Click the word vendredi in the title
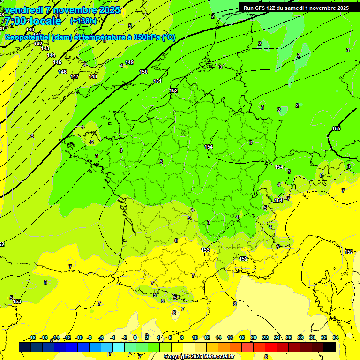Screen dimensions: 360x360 coord(24,10)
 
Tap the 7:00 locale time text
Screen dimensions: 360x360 coord(33,21)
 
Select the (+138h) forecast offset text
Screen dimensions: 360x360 coord(83,21)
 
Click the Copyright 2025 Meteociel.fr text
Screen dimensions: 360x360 coord(199,356)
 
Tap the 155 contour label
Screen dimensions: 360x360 coord(336,128)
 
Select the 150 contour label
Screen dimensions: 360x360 coord(143,72)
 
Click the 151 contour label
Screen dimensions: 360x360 coord(158,82)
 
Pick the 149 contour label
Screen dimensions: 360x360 coord(129,62)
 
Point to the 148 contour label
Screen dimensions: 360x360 coord(93,76)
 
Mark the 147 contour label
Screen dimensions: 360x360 coord(75,76)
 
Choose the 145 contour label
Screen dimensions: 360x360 coord(57,62)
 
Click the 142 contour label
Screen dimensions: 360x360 coord(38,44)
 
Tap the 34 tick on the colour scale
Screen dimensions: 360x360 coord(335,337)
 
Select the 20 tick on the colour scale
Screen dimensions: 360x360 coord(253,337)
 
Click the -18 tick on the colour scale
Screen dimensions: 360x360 coord(32,337)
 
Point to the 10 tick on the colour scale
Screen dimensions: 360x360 coord(195,337)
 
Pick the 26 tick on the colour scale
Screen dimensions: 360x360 coord(288,337)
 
